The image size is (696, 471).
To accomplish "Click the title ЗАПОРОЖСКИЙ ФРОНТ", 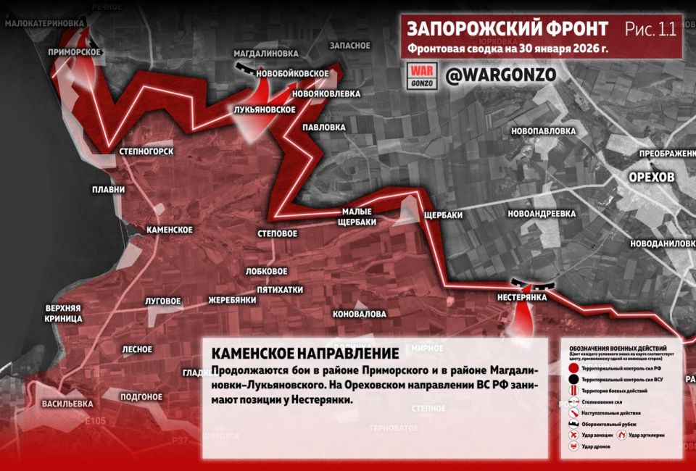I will (x=507, y=28).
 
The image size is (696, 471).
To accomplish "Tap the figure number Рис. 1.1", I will (x=650, y=29).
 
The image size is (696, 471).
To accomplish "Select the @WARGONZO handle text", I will (x=500, y=75).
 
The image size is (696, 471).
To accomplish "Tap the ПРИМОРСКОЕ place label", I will (x=74, y=52).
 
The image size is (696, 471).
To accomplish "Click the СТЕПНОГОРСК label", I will (x=143, y=151).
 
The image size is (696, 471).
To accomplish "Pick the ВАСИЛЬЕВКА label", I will (x=67, y=403).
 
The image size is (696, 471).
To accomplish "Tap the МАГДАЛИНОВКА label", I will (x=266, y=54).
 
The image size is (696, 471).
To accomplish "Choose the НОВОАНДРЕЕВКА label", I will (x=542, y=214).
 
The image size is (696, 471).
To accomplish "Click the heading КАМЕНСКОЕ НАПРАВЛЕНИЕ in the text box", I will (x=305, y=354).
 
